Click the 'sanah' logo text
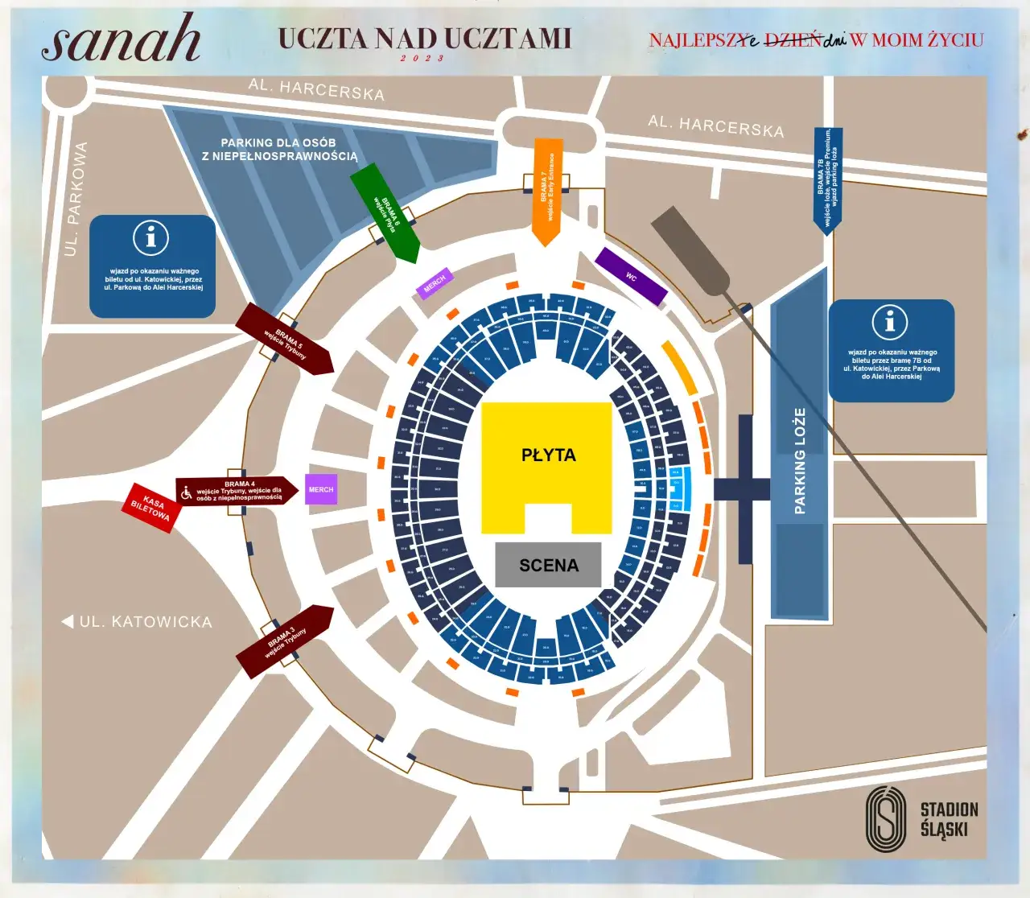(x=121, y=40)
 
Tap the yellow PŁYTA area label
(x=548, y=455)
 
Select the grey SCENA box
(x=548, y=565)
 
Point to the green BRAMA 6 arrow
(x=386, y=214)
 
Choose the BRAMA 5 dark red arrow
(x=285, y=339)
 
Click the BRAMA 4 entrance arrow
(x=237, y=491)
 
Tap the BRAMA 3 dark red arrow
(x=284, y=641)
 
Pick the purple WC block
(x=632, y=276)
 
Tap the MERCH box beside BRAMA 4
(x=321, y=489)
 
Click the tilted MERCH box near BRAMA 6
(x=435, y=283)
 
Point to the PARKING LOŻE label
(x=800, y=460)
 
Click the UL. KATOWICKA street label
(x=145, y=622)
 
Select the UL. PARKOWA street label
(x=76, y=199)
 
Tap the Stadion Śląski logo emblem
(x=886, y=819)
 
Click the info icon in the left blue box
(x=150, y=237)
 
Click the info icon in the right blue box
(x=890, y=322)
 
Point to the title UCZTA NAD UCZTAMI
(x=425, y=39)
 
